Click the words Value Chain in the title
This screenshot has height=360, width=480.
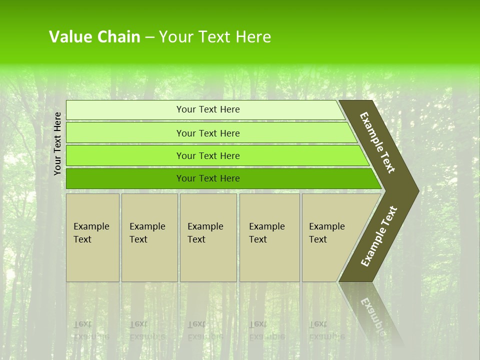(94, 37)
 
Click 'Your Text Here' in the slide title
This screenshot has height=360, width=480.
(215, 37)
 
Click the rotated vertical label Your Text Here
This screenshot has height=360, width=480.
(57, 143)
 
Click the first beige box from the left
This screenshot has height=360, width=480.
(92, 237)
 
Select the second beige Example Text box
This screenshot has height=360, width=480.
(149, 237)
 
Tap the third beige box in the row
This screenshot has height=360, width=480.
(208, 237)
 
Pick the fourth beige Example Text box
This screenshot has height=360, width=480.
(269, 237)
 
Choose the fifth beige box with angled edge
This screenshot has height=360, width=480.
(332, 237)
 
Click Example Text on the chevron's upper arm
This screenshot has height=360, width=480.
(377, 142)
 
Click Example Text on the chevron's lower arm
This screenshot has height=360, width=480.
(379, 236)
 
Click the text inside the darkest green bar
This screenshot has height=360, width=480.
(208, 178)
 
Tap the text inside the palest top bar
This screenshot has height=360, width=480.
(208, 109)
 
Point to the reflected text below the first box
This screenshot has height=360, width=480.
(91, 330)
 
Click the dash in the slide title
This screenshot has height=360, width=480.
(149, 37)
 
